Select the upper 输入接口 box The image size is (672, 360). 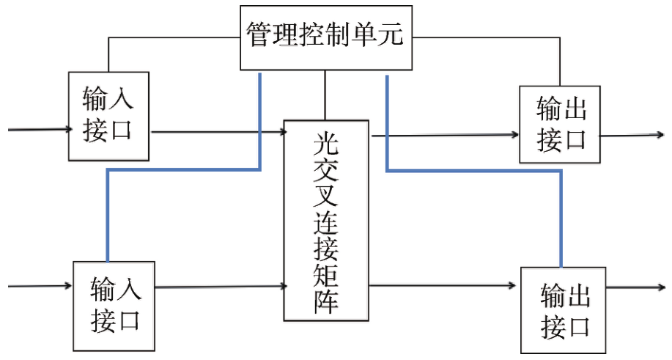[108, 115]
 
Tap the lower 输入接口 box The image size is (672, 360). [114, 305]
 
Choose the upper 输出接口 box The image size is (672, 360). [560, 124]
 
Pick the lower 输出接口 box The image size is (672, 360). [564, 311]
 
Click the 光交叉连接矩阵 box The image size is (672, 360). [325, 220]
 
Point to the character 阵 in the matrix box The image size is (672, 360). [325, 300]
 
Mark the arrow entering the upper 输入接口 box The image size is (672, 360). [37, 130]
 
